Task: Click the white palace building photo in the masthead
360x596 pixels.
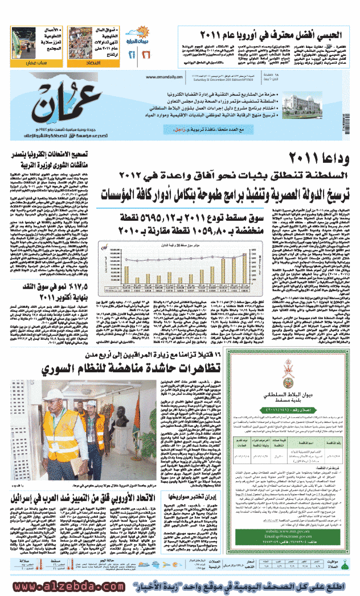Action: pyautogui.click(x=316, y=100)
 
